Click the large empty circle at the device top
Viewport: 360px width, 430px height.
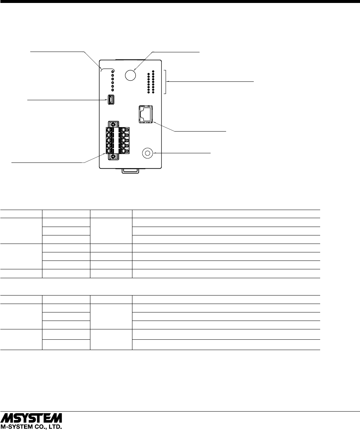(130, 75)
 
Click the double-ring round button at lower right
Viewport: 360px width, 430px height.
(148, 153)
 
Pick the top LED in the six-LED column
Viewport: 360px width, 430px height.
(113, 70)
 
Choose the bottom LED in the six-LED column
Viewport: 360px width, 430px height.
(113, 90)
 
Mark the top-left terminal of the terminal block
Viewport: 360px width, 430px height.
(109, 130)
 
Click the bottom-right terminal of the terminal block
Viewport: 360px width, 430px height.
(127, 151)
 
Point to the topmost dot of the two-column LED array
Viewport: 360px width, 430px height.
(153, 71)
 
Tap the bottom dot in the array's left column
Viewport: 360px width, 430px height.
(148, 91)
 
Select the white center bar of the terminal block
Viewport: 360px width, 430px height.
(118, 140)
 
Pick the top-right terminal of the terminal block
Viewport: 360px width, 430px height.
(127, 130)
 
